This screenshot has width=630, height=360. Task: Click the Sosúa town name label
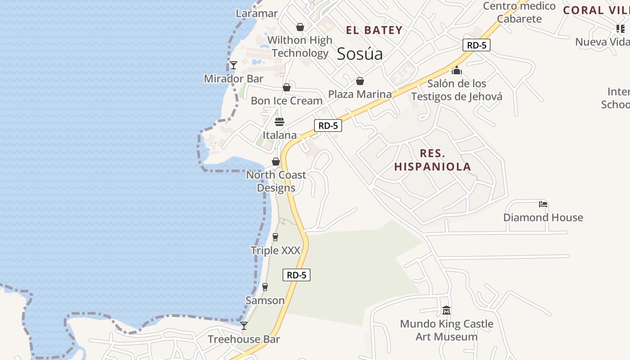click(x=360, y=54)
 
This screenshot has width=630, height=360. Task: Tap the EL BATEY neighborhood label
click(x=374, y=30)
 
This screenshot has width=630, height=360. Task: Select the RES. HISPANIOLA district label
click(x=432, y=160)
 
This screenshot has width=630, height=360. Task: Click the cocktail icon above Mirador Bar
click(x=234, y=65)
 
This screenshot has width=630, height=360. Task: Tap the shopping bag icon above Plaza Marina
click(x=360, y=81)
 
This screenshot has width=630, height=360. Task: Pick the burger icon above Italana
click(x=279, y=122)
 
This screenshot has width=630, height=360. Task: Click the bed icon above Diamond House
click(x=543, y=204)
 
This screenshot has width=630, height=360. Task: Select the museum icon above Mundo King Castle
click(x=446, y=310)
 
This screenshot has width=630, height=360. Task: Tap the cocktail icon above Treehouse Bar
click(x=244, y=326)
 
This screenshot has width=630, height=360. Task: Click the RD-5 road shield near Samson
click(x=297, y=275)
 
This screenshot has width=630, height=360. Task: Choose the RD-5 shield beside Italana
click(x=328, y=126)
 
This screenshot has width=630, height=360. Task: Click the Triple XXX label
click(x=275, y=250)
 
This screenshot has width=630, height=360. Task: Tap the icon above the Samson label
click(x=265, y=287)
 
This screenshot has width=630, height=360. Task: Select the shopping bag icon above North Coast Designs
click(x=276, y=162)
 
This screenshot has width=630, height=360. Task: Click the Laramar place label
click(x=257, y=13)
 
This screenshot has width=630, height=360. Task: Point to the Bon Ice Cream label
click(x=287, y=100)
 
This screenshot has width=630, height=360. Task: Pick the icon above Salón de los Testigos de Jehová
click(x=457, y=71)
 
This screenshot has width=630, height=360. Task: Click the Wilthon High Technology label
click(x=300, y=46)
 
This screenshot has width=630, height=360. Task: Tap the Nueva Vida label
click(x=602, y=42)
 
